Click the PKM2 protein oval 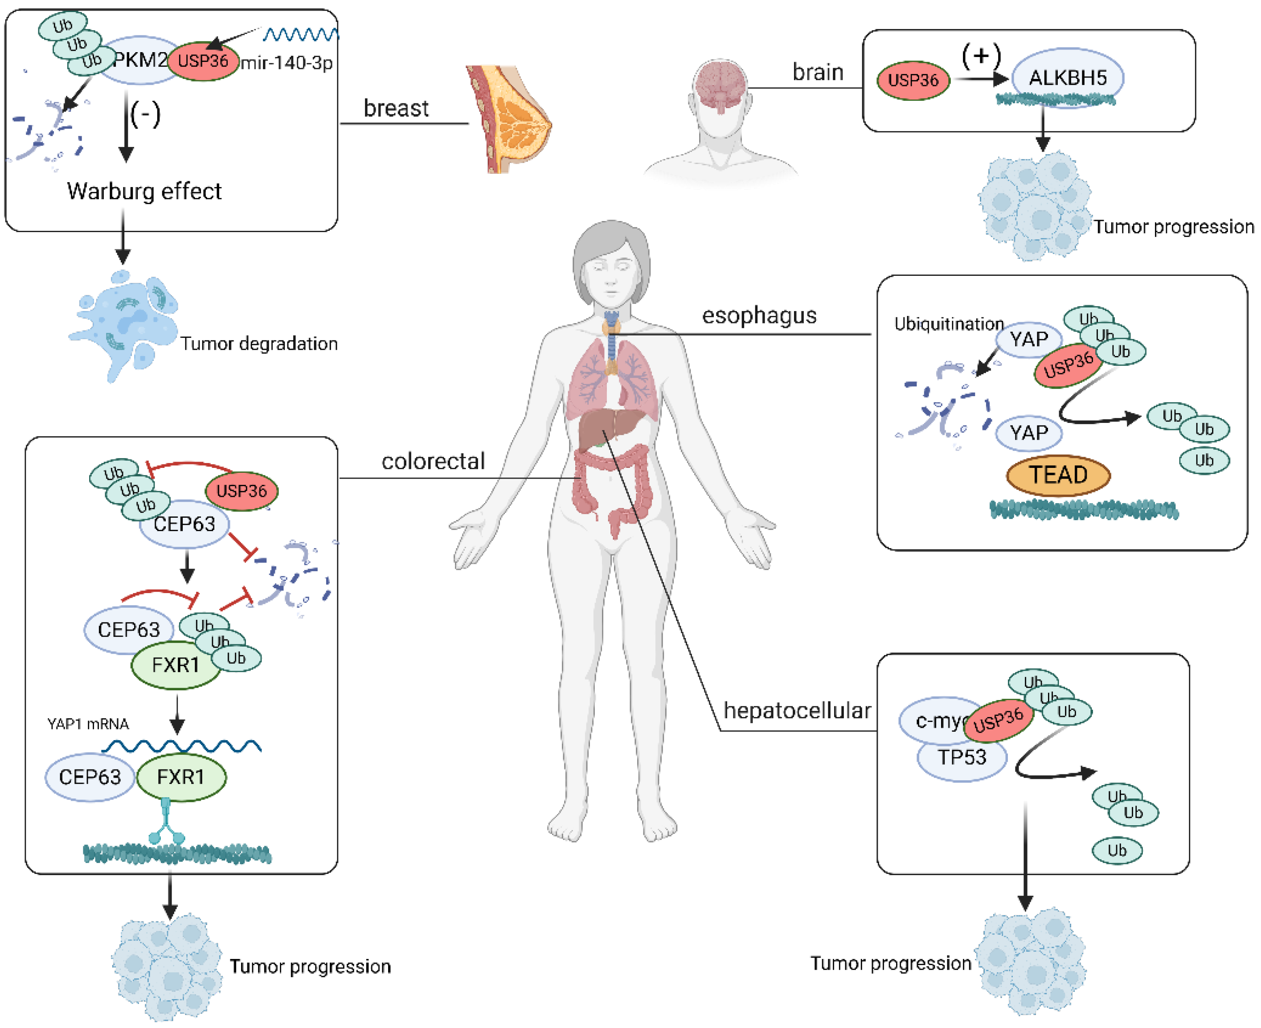point(140,59)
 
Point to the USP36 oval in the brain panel point(913,80)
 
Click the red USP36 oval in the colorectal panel point(241,491)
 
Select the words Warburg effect point(144,191)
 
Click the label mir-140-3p point(287,62)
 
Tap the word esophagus point(759,315)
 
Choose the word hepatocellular point(797,710)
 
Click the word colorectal point(433,461)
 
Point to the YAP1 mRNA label point(88,724)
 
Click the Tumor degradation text point(259,344)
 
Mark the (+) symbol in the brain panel point(981,55)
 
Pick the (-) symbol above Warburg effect point(145,114)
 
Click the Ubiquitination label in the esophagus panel point(948,324)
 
